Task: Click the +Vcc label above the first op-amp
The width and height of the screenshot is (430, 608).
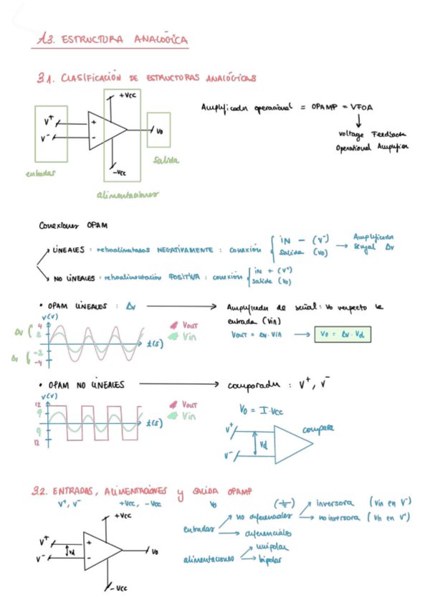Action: point(128,95)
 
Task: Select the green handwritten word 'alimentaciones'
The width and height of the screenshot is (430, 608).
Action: point(128,194)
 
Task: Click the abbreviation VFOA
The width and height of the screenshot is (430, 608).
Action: point(366,107)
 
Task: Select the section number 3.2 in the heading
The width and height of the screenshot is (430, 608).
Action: point(41,492)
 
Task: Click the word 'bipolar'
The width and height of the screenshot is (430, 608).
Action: point(268,559)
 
